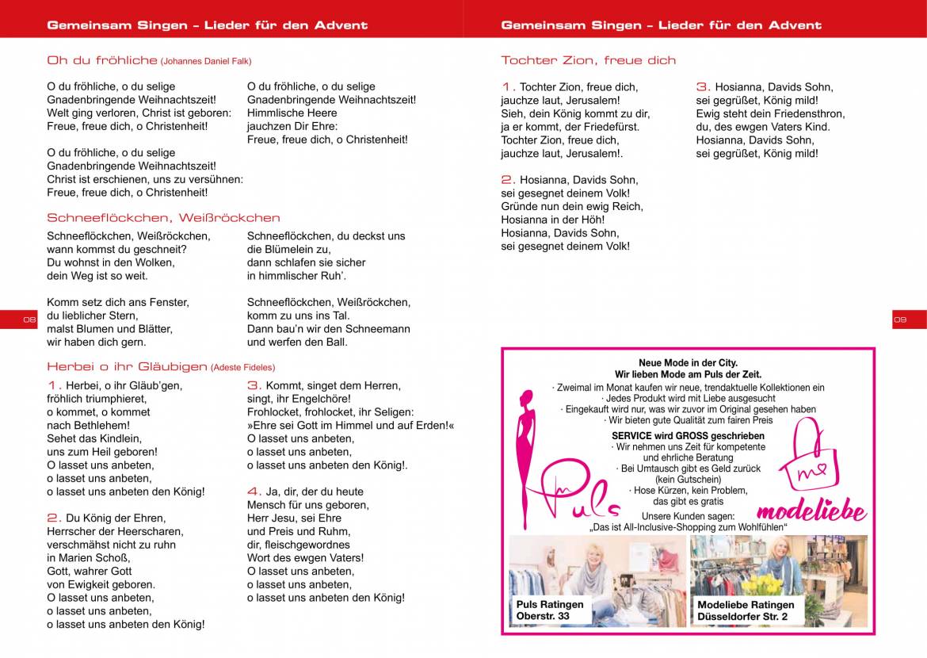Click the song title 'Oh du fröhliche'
tap(102, 60)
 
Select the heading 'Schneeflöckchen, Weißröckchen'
tap(163, 217)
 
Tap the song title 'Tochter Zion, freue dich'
tap(588, 60)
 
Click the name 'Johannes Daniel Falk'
tap(206, 61)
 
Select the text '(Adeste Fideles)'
tap(243, 367)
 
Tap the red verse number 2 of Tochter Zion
tap(508, 180)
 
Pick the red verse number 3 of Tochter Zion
tap(703, 87)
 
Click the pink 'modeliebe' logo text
tap(811, 512)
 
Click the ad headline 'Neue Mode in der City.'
tap(688, 363)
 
